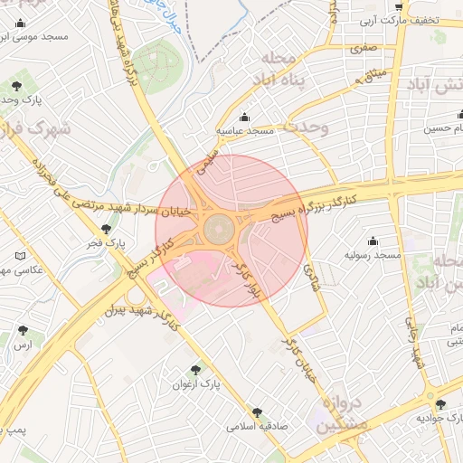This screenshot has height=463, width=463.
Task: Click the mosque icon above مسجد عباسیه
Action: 244,117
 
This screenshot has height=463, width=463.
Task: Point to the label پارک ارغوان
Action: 196,384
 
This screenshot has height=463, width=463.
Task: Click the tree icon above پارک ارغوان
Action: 195,369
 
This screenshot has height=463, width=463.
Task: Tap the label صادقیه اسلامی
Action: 258,425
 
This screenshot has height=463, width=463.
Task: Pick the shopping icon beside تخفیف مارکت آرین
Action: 399,6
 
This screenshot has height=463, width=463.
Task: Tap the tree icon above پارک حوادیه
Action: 440,403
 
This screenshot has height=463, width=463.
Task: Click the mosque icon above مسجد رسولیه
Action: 372,241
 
